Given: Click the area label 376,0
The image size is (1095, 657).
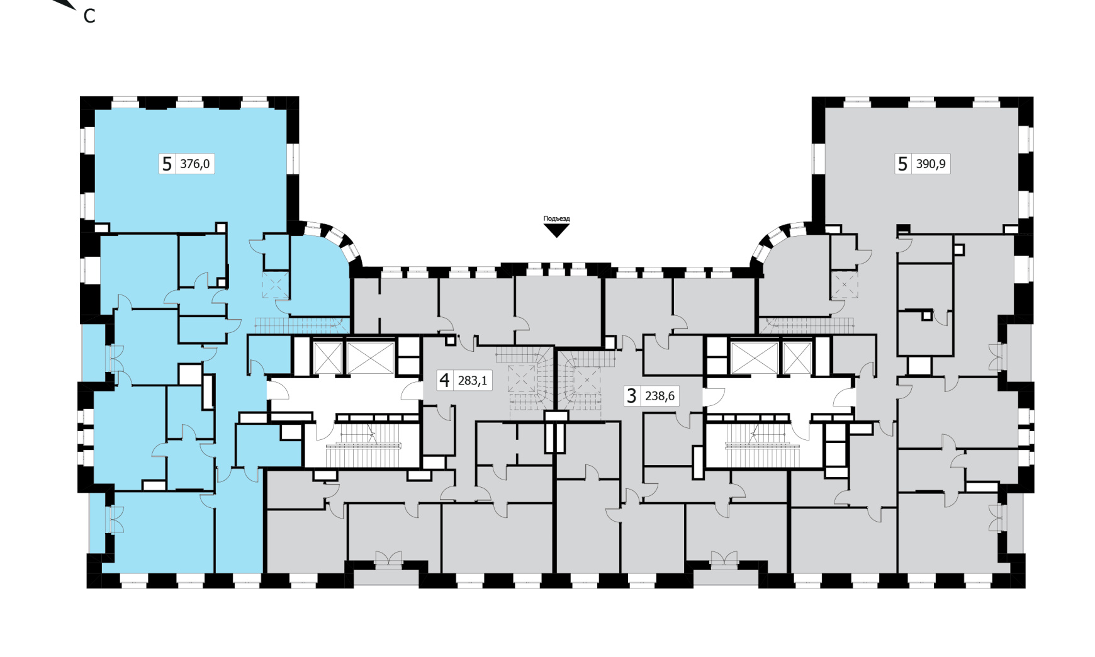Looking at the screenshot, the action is (195, 164).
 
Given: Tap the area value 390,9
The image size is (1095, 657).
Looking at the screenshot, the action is (931, 164).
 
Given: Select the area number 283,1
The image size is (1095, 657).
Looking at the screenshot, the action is (473, 381).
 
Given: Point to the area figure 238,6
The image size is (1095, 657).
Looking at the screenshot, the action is (660, 396).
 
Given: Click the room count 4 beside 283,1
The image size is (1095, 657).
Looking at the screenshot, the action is (445, 380).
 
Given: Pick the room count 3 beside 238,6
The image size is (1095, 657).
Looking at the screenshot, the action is (632, 396).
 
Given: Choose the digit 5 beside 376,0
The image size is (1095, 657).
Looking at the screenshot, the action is (167, 164).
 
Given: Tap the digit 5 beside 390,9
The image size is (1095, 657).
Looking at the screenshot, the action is (902, 164).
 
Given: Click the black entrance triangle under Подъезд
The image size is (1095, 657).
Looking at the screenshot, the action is (556, 230).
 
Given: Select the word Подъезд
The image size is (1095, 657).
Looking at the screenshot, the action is (556, 219).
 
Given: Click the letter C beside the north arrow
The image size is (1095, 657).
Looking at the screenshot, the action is (89, 16).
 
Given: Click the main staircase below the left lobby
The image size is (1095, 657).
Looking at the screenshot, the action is (362, 445).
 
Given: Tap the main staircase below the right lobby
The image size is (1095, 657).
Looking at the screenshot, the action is (763, 445).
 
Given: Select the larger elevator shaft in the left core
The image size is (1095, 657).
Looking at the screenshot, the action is (370, 357).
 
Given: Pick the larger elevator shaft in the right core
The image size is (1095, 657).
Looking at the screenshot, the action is (755, 357).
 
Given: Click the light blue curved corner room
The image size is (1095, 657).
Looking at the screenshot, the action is (318, 277).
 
